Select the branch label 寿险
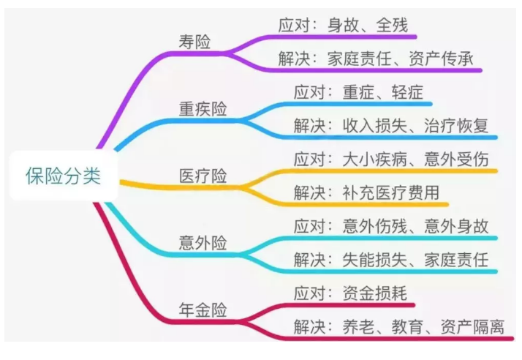pyautogui.click(x=194, y=42)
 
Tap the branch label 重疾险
pyautogui.click(x=203, y=109)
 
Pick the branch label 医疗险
pyautogui.click(x=203, y=176)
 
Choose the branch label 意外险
pyautogui.click(x=203, y=243)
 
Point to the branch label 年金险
pyautogui.click(x=203, y=310)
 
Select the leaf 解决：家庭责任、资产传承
pyautogui.click(x=380, y=59)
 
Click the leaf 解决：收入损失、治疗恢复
pyautogui.click(x=395, y=125)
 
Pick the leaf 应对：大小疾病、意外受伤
pyautogui.click(x=395, y=159)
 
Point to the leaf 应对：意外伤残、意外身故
pyautogui.click(x=395, y=226)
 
